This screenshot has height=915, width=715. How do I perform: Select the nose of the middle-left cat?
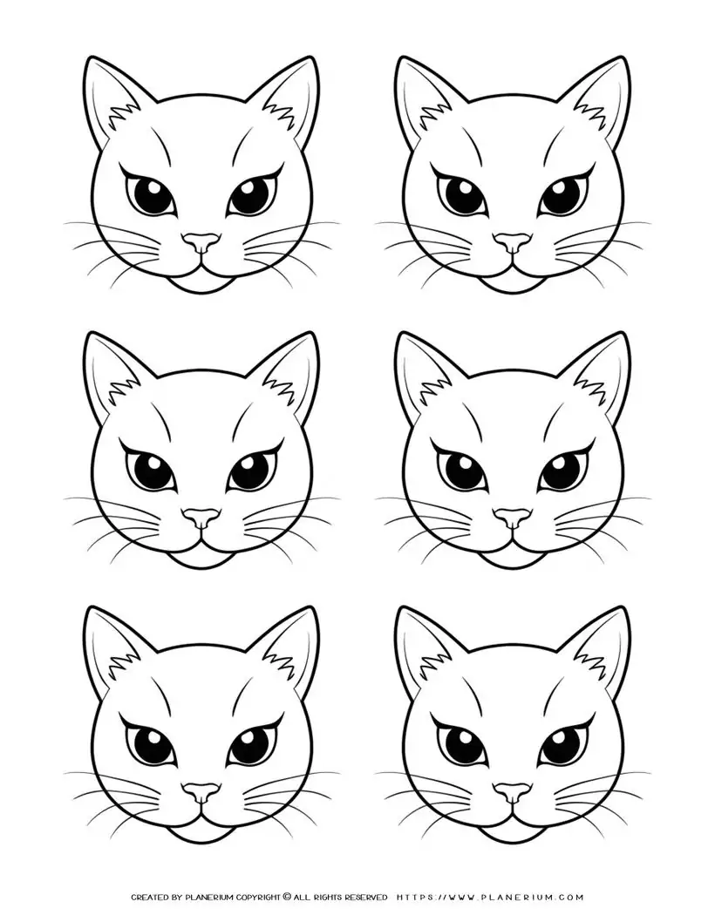203,518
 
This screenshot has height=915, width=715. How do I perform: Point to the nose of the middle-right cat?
513,518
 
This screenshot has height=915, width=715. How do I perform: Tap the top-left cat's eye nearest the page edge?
146,193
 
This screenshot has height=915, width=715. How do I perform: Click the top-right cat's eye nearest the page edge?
560,193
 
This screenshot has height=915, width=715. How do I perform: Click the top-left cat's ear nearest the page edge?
109,105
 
